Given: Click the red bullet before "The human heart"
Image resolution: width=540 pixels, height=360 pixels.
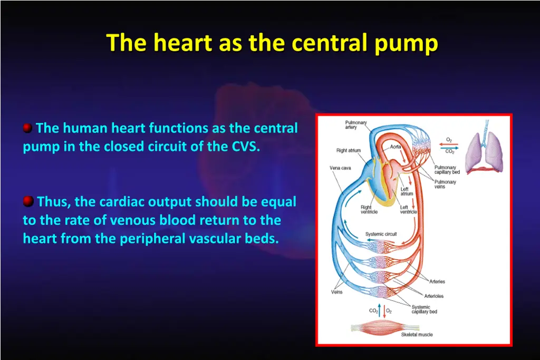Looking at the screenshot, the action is click(27, 128).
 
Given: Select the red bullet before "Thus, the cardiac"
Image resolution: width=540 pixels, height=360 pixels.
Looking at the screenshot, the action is click(27, 201).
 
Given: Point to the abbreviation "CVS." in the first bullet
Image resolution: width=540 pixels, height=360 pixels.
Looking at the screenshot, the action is click(246, 147).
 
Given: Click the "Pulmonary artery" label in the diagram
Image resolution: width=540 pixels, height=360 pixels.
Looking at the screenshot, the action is click(348, 125).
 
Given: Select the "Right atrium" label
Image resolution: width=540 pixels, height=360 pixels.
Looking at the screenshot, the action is click(349, 150).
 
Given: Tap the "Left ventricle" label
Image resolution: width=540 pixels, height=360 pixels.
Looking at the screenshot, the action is click(408, 209).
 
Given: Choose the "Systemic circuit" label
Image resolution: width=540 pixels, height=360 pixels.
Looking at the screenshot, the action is click(381, 234).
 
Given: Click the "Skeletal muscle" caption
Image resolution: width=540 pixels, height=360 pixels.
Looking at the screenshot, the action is click(417, 334).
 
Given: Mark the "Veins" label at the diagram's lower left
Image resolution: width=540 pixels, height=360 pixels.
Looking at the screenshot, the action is click(336, 292).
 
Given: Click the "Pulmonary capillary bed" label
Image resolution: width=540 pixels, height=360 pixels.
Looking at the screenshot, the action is click(447, 170).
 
